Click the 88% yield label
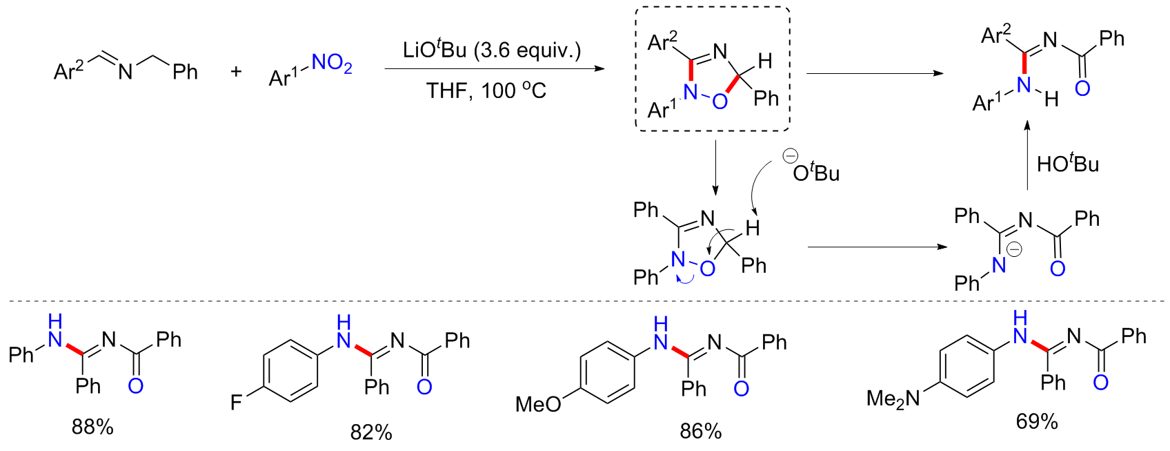(92, 427)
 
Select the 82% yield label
(371, 432)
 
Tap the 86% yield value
(700, 431)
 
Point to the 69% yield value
(1036, 421)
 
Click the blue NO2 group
(332, 64)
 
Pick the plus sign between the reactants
(236, 71)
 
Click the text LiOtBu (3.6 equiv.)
(492, 50)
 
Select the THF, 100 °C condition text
(486, 90)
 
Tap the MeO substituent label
(538, 404)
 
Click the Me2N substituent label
(893, 399)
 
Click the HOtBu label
(1068, 164)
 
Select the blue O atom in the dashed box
(720, 102)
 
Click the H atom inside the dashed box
(764, 61)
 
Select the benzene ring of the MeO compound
(607, 372)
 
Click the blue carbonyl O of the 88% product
(136, 385)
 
